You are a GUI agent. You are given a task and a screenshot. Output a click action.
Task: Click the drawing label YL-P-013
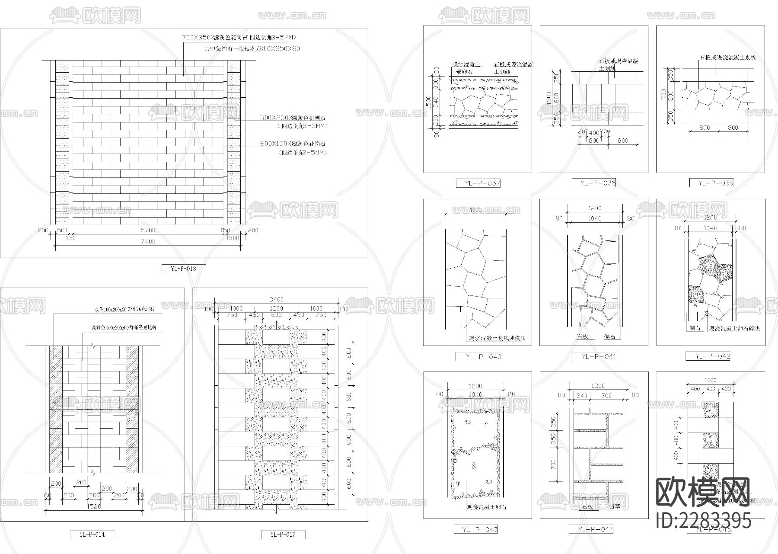pos(184,269)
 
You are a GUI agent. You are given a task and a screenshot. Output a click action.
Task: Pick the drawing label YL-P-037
pos(478,183)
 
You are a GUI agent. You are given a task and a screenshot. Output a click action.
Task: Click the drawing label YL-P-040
pos(478,357)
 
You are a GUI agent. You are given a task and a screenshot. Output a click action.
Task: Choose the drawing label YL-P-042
pos(708,356)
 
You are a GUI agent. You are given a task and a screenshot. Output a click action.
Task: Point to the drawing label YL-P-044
pos(594,529)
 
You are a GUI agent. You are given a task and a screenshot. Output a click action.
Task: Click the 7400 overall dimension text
pos(147,242)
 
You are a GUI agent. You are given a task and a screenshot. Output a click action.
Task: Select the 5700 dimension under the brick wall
pos(147,230)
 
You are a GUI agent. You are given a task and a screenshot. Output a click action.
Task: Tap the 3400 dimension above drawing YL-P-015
pos(276,299)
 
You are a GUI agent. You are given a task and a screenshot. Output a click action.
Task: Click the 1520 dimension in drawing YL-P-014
pos(93,506)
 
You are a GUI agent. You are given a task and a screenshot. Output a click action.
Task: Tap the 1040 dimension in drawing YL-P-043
pos(475,394)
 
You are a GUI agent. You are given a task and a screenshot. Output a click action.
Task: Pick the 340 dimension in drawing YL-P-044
pos(582,395)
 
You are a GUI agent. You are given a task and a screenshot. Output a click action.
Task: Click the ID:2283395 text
pos(704,520)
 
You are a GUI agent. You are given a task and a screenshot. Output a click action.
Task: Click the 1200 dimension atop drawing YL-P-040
pos(475,210)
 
